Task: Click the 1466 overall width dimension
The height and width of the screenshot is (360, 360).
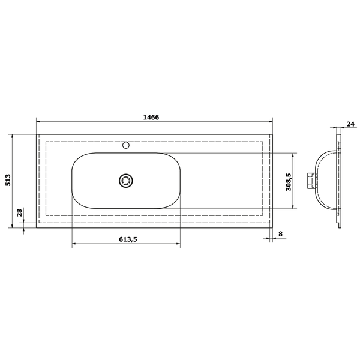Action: click(151, 118)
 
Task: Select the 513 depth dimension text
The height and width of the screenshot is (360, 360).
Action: click(8, 180)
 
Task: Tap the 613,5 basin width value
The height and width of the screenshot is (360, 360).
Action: click(128, 239)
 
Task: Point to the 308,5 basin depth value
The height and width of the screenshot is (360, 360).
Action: click(289, 182)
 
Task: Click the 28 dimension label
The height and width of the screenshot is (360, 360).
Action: click(20, 212)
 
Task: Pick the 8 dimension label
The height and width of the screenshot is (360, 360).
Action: click(280, 234)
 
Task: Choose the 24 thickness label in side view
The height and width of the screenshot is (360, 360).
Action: click(350, 124)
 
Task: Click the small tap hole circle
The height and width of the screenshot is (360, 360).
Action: click(126, 145)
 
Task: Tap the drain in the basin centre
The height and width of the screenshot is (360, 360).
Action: click(126, 181)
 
